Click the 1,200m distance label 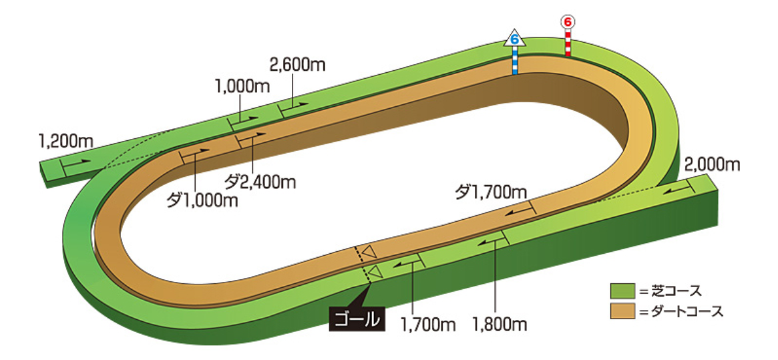(65, 141)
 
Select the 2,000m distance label (713, 164)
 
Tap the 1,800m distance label (500, 325)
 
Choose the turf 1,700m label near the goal (428, 325)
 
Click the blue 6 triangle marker (514, 38)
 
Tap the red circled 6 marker (568, 22)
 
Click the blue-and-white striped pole (515, 61)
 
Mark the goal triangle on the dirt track (369, 252)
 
